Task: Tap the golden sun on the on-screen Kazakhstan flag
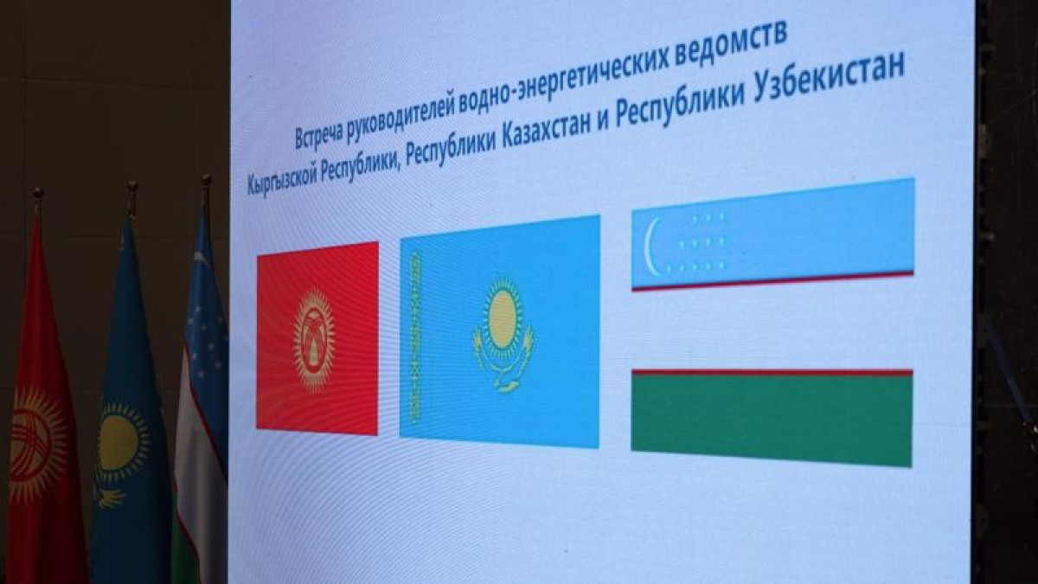coord(503,315)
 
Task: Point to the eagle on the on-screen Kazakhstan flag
coord(503,363)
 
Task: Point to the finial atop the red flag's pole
coord(37,198)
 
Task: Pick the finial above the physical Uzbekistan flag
coord(206,185)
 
